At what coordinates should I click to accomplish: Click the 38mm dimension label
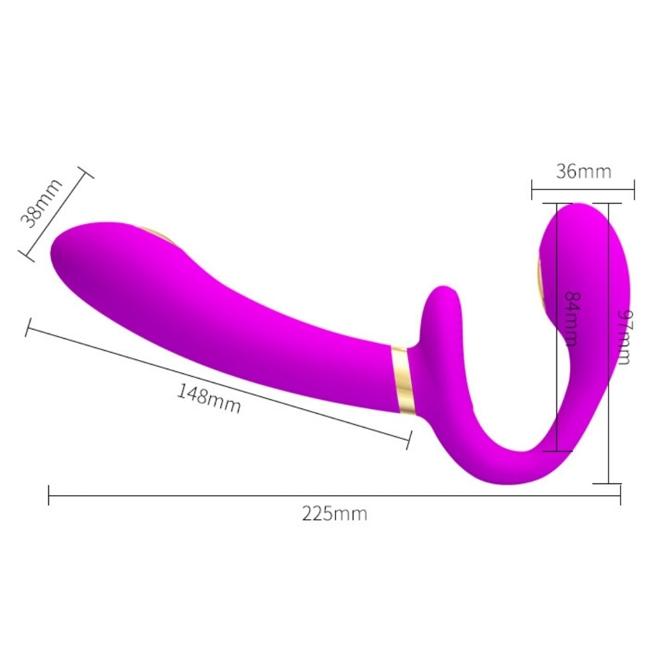tap(41, 204)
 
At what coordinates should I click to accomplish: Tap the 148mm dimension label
tap(209, 398)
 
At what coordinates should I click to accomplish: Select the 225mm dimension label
tap(334, 514)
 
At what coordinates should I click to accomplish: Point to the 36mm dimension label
tap(583, 172)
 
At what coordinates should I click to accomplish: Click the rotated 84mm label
tap(572, 319)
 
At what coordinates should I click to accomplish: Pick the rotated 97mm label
tap(625, 337)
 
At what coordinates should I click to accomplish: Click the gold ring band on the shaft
tap(402, 379)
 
